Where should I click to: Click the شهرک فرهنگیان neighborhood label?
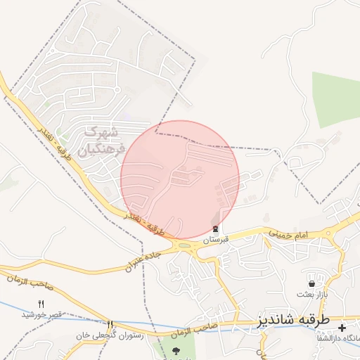[105, 140]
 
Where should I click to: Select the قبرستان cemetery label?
[215, 240]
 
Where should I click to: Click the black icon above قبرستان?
[215, 230]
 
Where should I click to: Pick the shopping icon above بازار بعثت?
[311, 283]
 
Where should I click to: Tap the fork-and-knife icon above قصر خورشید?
[41, 303]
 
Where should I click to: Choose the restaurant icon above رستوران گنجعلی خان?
[110, 324]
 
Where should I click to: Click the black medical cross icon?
[343, 328]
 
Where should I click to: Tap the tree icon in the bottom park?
[175, 349]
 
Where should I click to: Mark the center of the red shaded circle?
[180, 180]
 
